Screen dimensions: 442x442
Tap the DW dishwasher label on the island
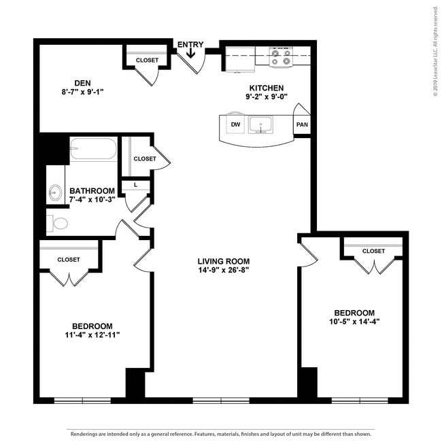pyautogui.click(x=235, y=124)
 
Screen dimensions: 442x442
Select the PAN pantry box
pyautogui.click(x=302, y=125)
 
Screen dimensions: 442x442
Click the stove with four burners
pyautogui.click(x=280, y=56)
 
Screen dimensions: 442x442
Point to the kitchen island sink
pyautogui.click(x=260, y=125)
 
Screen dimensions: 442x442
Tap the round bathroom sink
pyautogui.click(x=55, y=193)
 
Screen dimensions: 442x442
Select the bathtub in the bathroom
pyautogui.click(x=93, y=150)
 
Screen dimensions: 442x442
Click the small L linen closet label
pyautogui.click(x=136, y=184)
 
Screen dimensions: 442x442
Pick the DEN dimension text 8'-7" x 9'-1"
pyautogui.click(x=81, y=91)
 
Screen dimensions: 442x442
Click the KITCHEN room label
pyautogui.click(x=267, y=88)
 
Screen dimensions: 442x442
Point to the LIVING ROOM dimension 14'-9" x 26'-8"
pyautogui.click(x=224, y=270)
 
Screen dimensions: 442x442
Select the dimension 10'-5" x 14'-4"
pyautogui.click(x=354, y=322)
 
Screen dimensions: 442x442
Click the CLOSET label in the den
pyautogui.click(x=147, y=61)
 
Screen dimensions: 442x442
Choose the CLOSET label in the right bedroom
pyautogui.click(x=373, y=251)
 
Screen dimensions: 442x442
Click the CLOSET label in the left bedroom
pyautogui.click(x=69, y=260)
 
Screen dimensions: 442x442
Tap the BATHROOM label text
pyautogui.click(x=92, y=190)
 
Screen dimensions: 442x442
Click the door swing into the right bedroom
pyautogui.click(x=307, y=250)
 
